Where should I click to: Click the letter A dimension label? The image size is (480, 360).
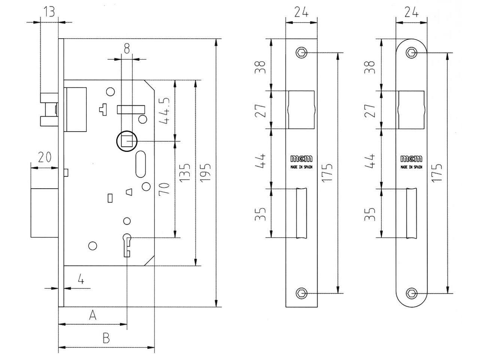tap(93, 315)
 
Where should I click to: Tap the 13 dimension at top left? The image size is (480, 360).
tap(49, 12)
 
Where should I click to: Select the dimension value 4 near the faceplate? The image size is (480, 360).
tap(80, 279)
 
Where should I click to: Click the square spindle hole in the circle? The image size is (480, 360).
tap(127, 141)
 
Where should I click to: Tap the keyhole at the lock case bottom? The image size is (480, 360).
tap(127, 244)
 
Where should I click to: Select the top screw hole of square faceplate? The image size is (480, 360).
tap(301, 52)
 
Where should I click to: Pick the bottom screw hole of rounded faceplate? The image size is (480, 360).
tap(412, 293)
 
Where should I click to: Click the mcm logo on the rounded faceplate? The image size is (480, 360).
tap(411, 159)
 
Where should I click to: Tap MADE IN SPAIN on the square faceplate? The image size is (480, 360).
tap(301, 167)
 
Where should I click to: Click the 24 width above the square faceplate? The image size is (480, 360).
tap(301, 12)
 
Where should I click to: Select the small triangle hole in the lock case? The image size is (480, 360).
tap(129, 192)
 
